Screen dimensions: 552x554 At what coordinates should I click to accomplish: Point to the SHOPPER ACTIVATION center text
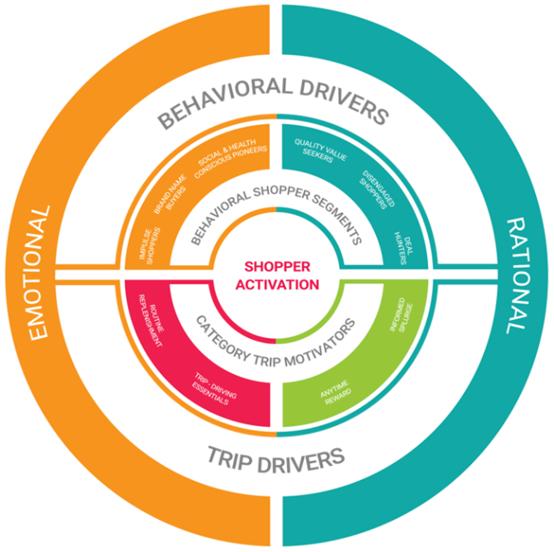(x=277, y=275)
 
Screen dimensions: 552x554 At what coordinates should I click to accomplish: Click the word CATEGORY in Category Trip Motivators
(x=221, y=335)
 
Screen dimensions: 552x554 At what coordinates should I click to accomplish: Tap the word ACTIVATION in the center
(x=277, y=284)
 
